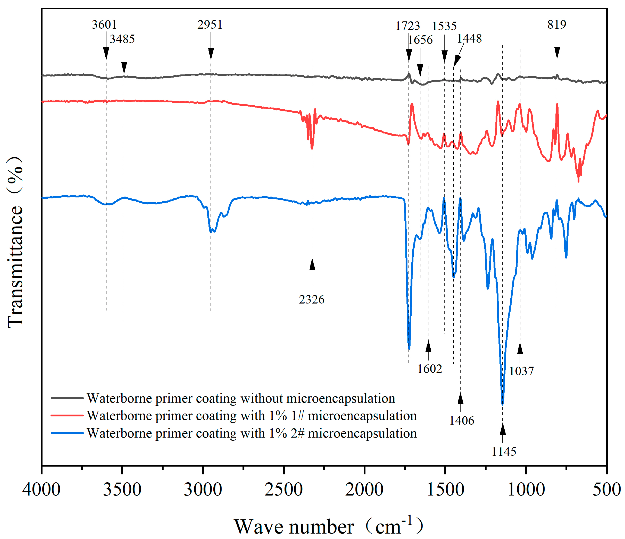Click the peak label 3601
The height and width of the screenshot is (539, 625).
[104, 25]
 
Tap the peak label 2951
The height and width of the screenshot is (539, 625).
[210, 25]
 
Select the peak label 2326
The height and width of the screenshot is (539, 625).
[312, 300]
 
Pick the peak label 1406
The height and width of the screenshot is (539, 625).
[461, 420]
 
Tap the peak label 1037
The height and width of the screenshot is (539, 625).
[521, 371]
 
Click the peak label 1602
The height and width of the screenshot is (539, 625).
[429, 369]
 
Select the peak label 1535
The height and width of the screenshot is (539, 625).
[444, 26]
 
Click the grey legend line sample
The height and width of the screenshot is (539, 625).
[67, 398]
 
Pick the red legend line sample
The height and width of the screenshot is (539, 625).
[67, 415]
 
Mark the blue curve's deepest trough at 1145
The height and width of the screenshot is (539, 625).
[502, 404]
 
